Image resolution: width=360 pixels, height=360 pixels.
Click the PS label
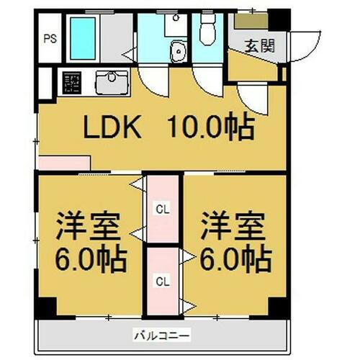click(50, 39)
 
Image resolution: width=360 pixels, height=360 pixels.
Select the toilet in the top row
click(208, 32)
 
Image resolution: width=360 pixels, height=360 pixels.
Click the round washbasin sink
click(177, 51)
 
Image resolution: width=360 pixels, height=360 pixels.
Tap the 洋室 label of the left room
click(83, 225)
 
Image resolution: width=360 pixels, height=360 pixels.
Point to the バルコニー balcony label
click(161, 335)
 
